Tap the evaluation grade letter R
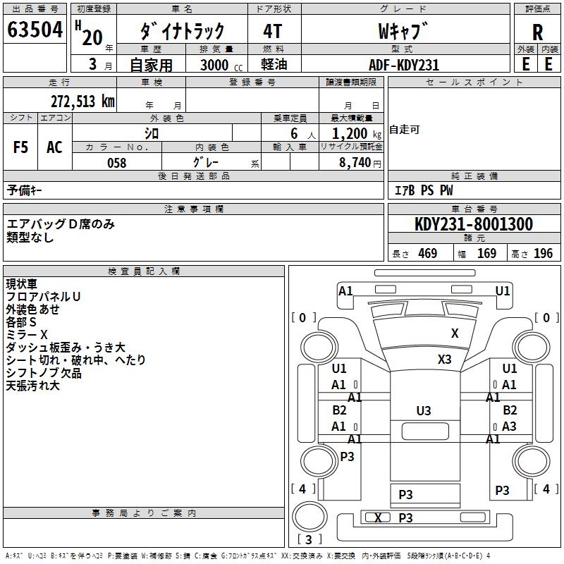537,32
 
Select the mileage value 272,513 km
82,102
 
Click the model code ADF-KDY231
404,65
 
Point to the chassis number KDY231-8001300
473,224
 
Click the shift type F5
20,147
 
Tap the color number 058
117,163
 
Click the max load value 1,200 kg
350,133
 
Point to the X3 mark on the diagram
444,359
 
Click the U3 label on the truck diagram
424,410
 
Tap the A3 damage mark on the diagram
509,427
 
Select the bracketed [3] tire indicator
309,539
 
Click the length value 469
427,253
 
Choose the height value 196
544,253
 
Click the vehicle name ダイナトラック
183,30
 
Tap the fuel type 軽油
273,65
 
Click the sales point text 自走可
405,130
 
